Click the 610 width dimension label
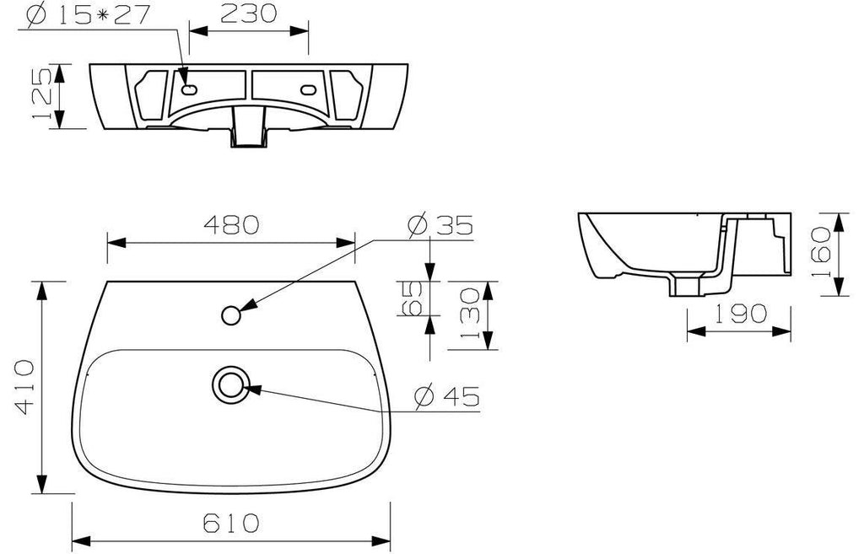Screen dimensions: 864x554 [231, 523]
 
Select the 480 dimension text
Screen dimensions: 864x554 [231, 224]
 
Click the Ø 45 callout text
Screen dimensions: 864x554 [447, 396]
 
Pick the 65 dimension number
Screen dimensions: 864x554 [411, 298]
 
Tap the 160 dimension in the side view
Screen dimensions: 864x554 [821, 252]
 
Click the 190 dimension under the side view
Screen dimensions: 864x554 [741, 314]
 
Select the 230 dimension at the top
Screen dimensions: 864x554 [249, 13]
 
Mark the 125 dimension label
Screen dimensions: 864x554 [42, 93]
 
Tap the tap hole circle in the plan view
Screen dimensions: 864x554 [231, 315]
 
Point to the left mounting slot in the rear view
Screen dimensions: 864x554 [189, 89]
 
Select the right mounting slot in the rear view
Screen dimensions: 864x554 [307, 89]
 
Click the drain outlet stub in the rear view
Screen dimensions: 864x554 [248, 127]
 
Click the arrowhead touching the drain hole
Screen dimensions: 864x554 [251, 390]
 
